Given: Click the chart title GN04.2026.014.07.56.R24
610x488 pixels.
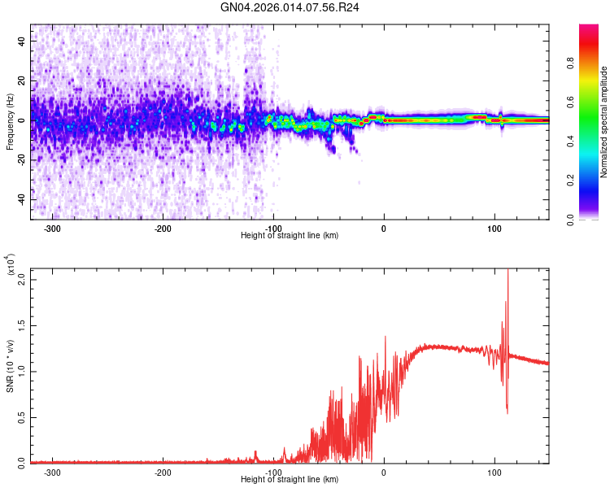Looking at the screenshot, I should (290, 8).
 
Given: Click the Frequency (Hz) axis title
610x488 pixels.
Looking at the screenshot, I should (10, 122).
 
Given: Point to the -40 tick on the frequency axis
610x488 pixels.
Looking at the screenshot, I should (20, 199).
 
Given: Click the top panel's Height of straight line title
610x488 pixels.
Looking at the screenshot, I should (290, 236).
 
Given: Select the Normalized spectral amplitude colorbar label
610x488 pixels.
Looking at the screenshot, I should (604, 122).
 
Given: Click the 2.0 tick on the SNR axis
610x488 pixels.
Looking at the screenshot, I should (20, 279).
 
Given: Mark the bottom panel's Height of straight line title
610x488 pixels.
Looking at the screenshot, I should (290, 480).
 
